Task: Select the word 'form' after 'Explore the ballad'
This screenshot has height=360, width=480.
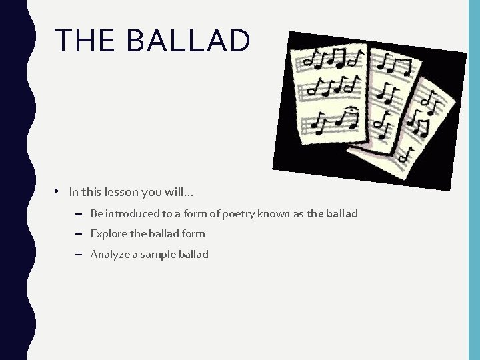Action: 193,234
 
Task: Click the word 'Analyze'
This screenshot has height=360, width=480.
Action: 111,254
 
